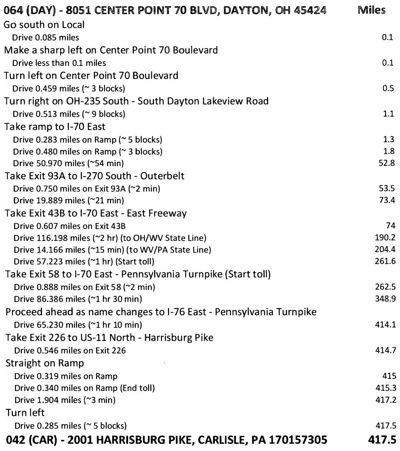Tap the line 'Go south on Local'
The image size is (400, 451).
[44, 25]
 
